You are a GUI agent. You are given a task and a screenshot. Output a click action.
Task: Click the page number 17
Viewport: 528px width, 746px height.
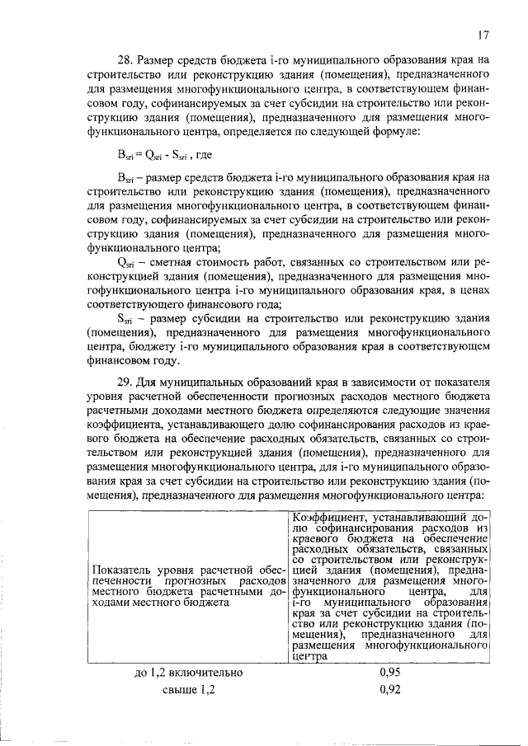point(484,35)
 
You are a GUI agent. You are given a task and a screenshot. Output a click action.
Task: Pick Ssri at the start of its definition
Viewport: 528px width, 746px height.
point(125,320)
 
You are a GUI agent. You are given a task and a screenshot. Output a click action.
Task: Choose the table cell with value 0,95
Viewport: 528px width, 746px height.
point(390,673)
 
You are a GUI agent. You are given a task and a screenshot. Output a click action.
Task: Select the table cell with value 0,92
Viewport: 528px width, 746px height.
point(390,691)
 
